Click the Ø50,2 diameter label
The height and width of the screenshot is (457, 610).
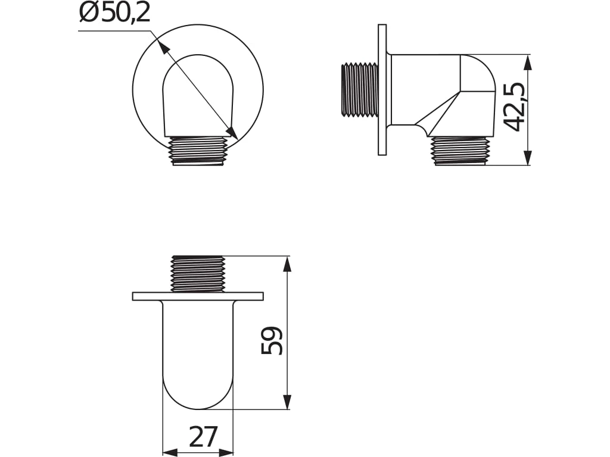click(x=114, y=14)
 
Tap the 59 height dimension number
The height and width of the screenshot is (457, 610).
click(x=272, y=340)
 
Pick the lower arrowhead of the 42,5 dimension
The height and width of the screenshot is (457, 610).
click(x=528, y=157)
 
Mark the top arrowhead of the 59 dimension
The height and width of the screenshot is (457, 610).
click(x=287, y=265)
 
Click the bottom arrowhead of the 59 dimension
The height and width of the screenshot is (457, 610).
click(x=287, y=401)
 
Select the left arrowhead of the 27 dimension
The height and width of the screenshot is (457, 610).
click(x=170, y=453)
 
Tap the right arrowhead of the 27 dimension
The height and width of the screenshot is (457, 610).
click(x=225, y=453)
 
